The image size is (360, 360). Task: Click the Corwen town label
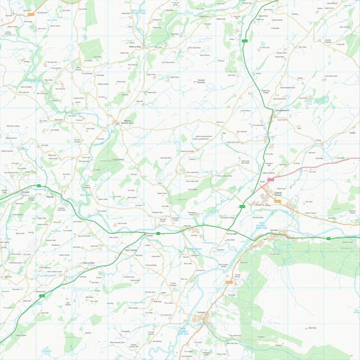coord(274,231)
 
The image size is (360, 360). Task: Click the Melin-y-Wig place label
coord(135,47)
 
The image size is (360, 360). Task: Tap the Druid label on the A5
coord(149,236)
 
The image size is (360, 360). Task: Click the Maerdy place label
coord(49,197)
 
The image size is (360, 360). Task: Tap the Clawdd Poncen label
coord(277,194)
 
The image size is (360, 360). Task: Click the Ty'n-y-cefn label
coord(232,233)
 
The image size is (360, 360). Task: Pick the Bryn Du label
coord(313,327)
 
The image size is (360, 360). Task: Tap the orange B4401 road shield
coord(229,282)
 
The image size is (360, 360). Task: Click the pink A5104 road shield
coord(270,179)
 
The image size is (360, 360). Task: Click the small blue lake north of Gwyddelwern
coord(262,43)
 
